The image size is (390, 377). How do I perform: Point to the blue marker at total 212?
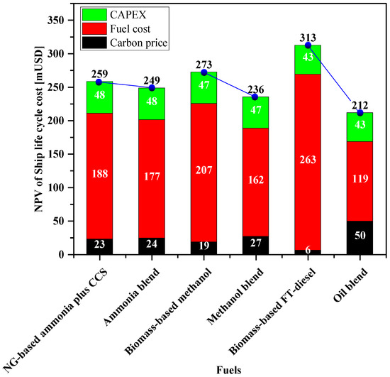click(x=360, y=113)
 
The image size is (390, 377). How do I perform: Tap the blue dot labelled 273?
click(x=204, y=72)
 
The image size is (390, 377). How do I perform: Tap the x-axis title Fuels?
click(x=230, y=368)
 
